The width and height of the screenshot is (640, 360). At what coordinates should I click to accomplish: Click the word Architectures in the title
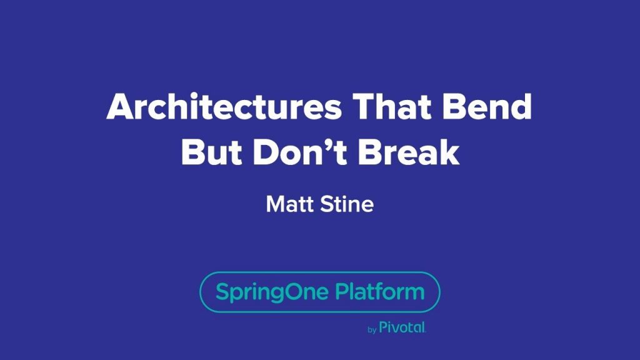coord(224,106)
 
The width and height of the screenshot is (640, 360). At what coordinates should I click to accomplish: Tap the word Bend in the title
coord(487,106)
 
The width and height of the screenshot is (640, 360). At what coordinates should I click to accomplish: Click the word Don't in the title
coord(300,152)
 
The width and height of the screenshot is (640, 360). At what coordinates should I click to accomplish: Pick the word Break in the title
coord(409,152)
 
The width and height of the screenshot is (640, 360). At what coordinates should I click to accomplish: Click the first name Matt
coord(290,204)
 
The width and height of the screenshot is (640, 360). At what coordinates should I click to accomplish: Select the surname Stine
coord(347,204)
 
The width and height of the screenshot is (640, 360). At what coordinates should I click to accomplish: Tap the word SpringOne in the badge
coord(272,292)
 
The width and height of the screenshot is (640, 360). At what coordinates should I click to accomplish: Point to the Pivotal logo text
coord(402,327)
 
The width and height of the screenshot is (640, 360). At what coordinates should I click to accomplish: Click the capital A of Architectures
coord(121,106)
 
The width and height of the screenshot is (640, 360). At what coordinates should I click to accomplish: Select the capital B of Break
coord(369,152)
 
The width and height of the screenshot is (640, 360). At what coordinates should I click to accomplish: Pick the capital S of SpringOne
coord(222,291)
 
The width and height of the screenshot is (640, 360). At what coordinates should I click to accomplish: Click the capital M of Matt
coord(276,204)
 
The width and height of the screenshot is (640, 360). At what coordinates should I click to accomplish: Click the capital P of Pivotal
coord(384,327)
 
